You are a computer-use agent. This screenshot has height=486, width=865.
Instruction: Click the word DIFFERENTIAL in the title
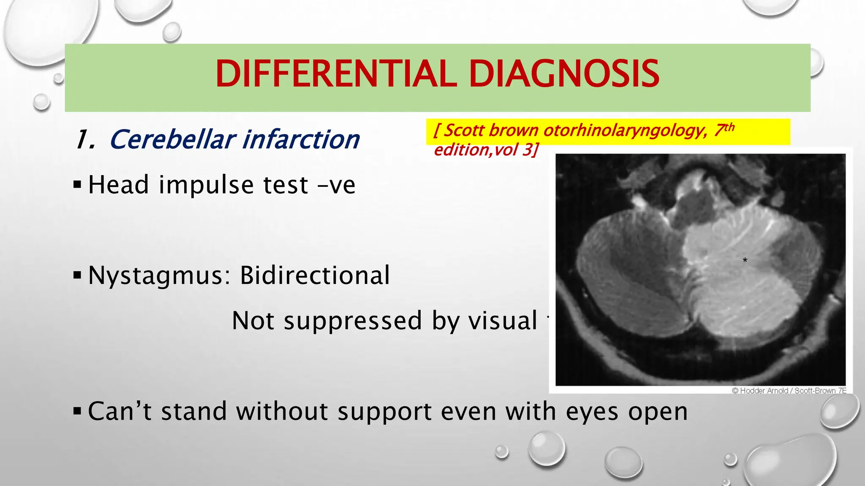[x=336, y=74]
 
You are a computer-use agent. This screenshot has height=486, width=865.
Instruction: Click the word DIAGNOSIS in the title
[x=564, y=74]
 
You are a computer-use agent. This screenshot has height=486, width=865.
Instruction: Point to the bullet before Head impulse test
[x=77, y=184]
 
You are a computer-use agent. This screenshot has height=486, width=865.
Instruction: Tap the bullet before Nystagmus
[x=77, y=275]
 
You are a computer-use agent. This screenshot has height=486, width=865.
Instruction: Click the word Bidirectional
[x=315, y=275]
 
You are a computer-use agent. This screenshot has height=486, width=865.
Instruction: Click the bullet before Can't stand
[x=77, y=411]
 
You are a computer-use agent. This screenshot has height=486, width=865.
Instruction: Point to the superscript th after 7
[x=729, y=127]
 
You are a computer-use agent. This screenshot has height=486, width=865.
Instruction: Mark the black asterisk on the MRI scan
[x=745, y=260]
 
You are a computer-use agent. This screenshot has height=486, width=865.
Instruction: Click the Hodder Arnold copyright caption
[x=789, y=391]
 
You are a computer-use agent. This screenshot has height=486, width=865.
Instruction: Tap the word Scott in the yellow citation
[x=463, y=130]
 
